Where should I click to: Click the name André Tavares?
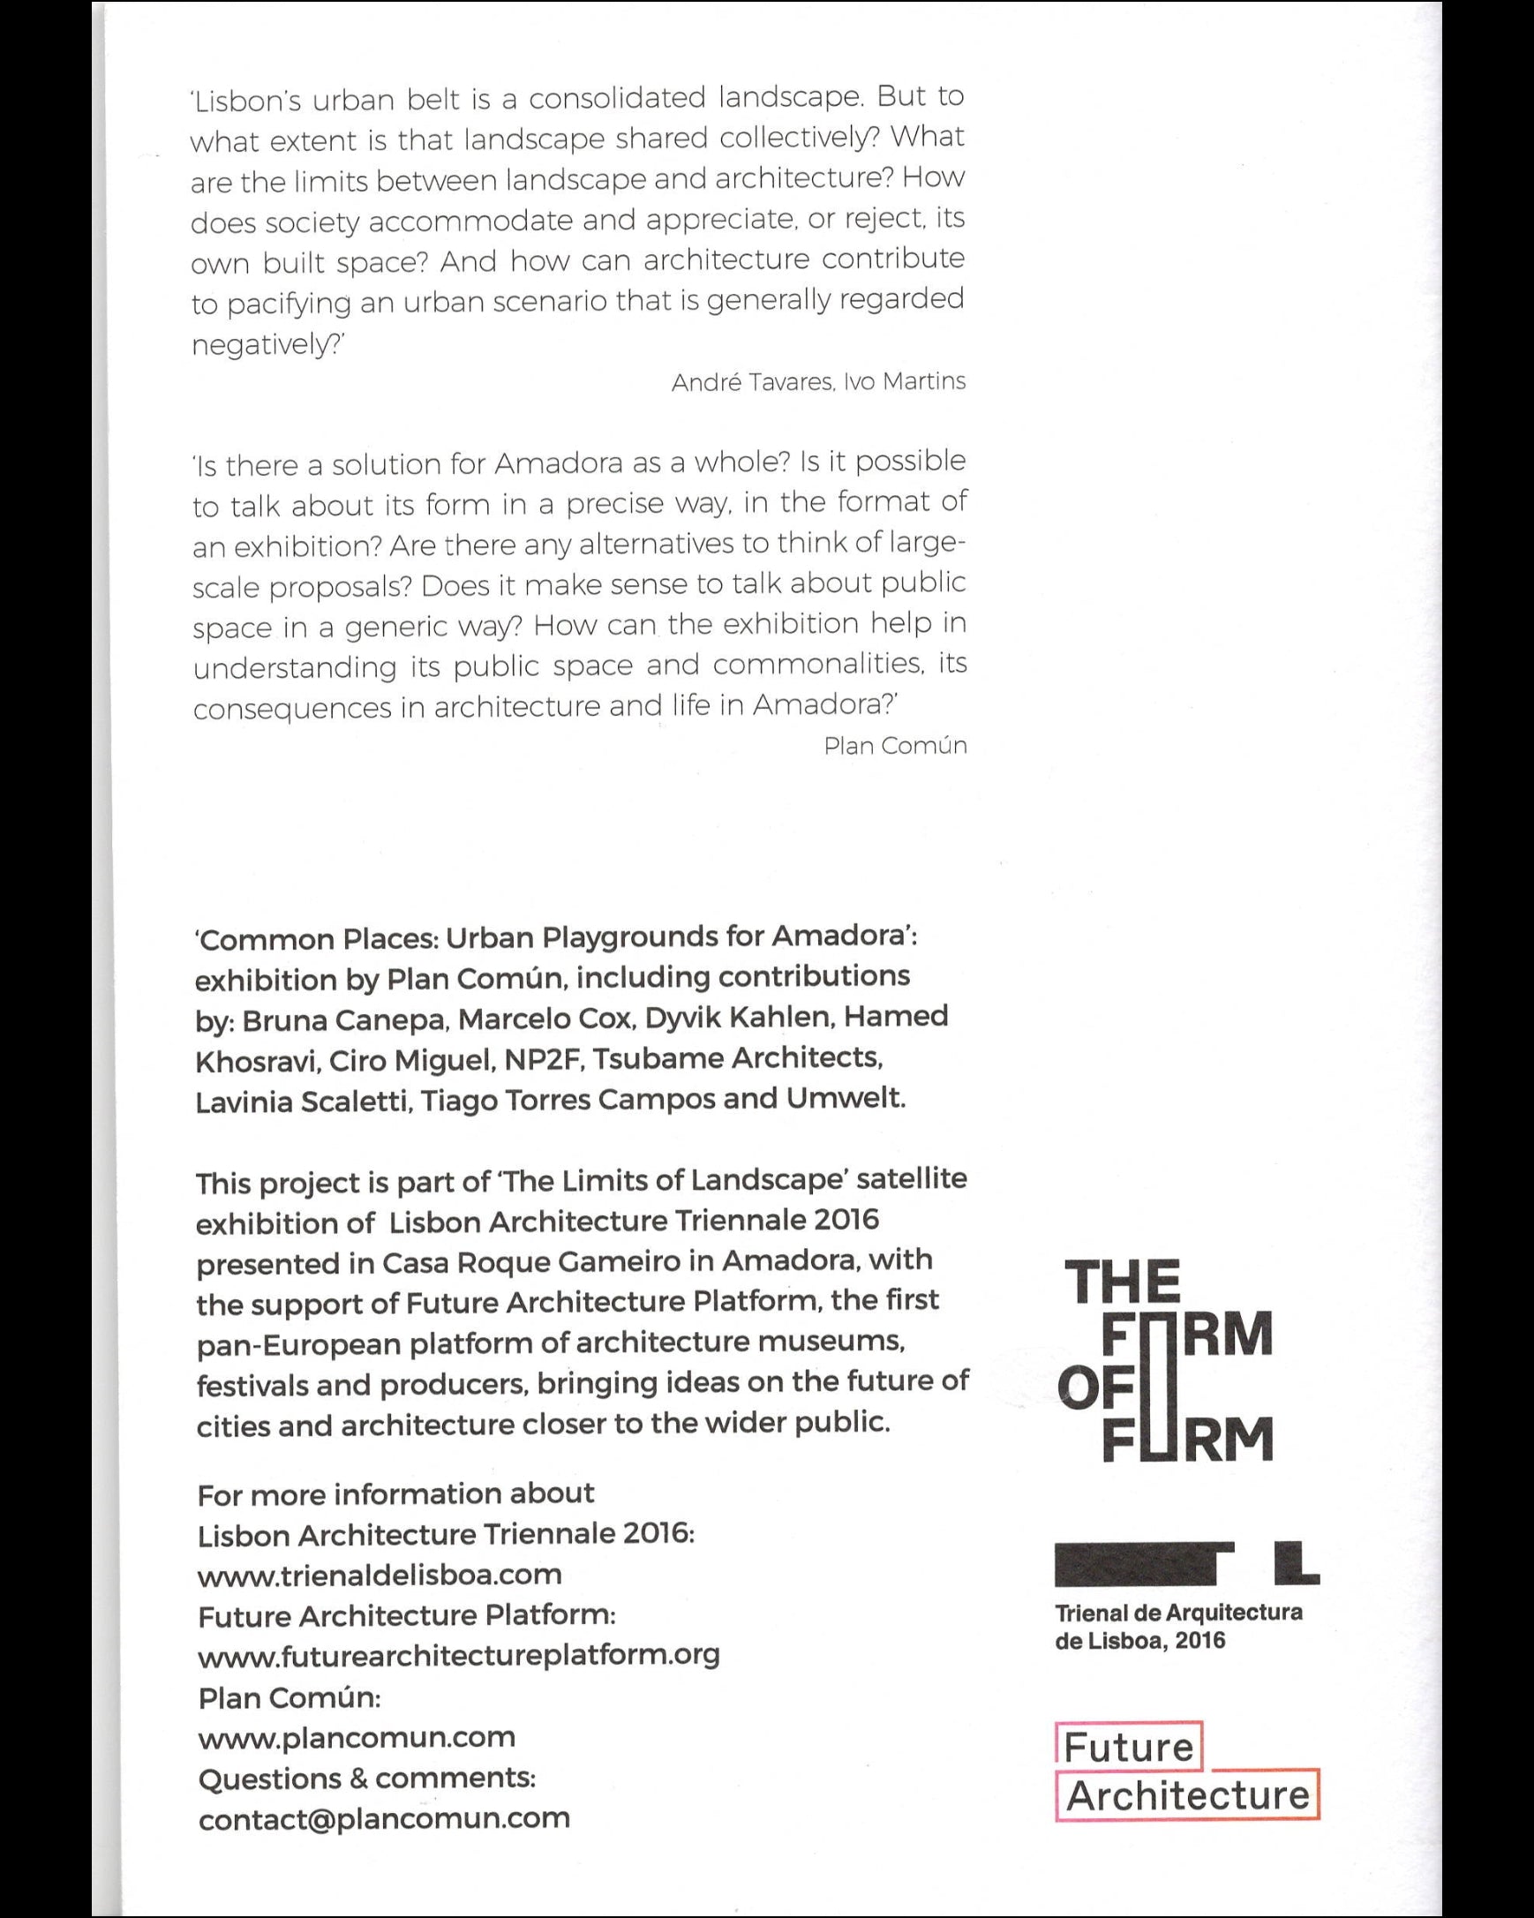pos(752,382)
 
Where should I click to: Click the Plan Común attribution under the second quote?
pos(894,746)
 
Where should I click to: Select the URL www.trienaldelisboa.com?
pos(380,1575)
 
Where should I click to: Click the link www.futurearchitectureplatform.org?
pos(458,1656)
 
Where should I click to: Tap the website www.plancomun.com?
pos(356,1737)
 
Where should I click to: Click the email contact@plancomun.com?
pos(383,1818)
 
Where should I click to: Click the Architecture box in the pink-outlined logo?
pos(1187,1795)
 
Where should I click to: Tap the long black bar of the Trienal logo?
pos(1134,1565)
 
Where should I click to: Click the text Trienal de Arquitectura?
pos(1178,1613)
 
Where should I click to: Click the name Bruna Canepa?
pos(343,1020)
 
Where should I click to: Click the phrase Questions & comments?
pos(366,1779)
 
